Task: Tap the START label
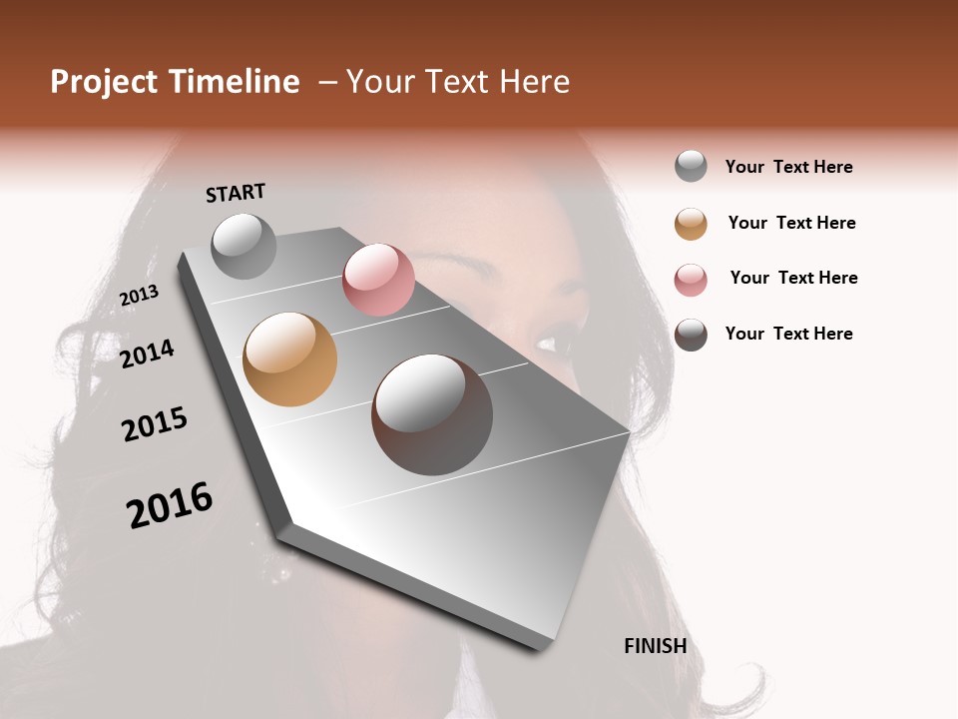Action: click(236, 193)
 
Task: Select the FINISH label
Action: click(655, 646)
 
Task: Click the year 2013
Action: click(139, 296)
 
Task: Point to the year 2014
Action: click(147, 354)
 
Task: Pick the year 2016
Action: click(170, 505)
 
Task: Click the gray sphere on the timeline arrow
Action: click(244, 246)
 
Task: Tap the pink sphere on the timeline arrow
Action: click(378, 279)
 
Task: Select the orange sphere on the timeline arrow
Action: click(289, 359)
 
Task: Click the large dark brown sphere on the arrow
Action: click(431, 414)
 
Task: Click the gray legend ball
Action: click(691, 167)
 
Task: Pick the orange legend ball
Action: click(691, 224)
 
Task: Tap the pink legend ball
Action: click(691, 280)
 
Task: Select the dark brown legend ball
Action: click(691, 335)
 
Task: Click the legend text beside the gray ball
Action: click(788, 167)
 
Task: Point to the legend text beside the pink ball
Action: click(793, 278)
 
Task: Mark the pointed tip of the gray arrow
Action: click(543, 647)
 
